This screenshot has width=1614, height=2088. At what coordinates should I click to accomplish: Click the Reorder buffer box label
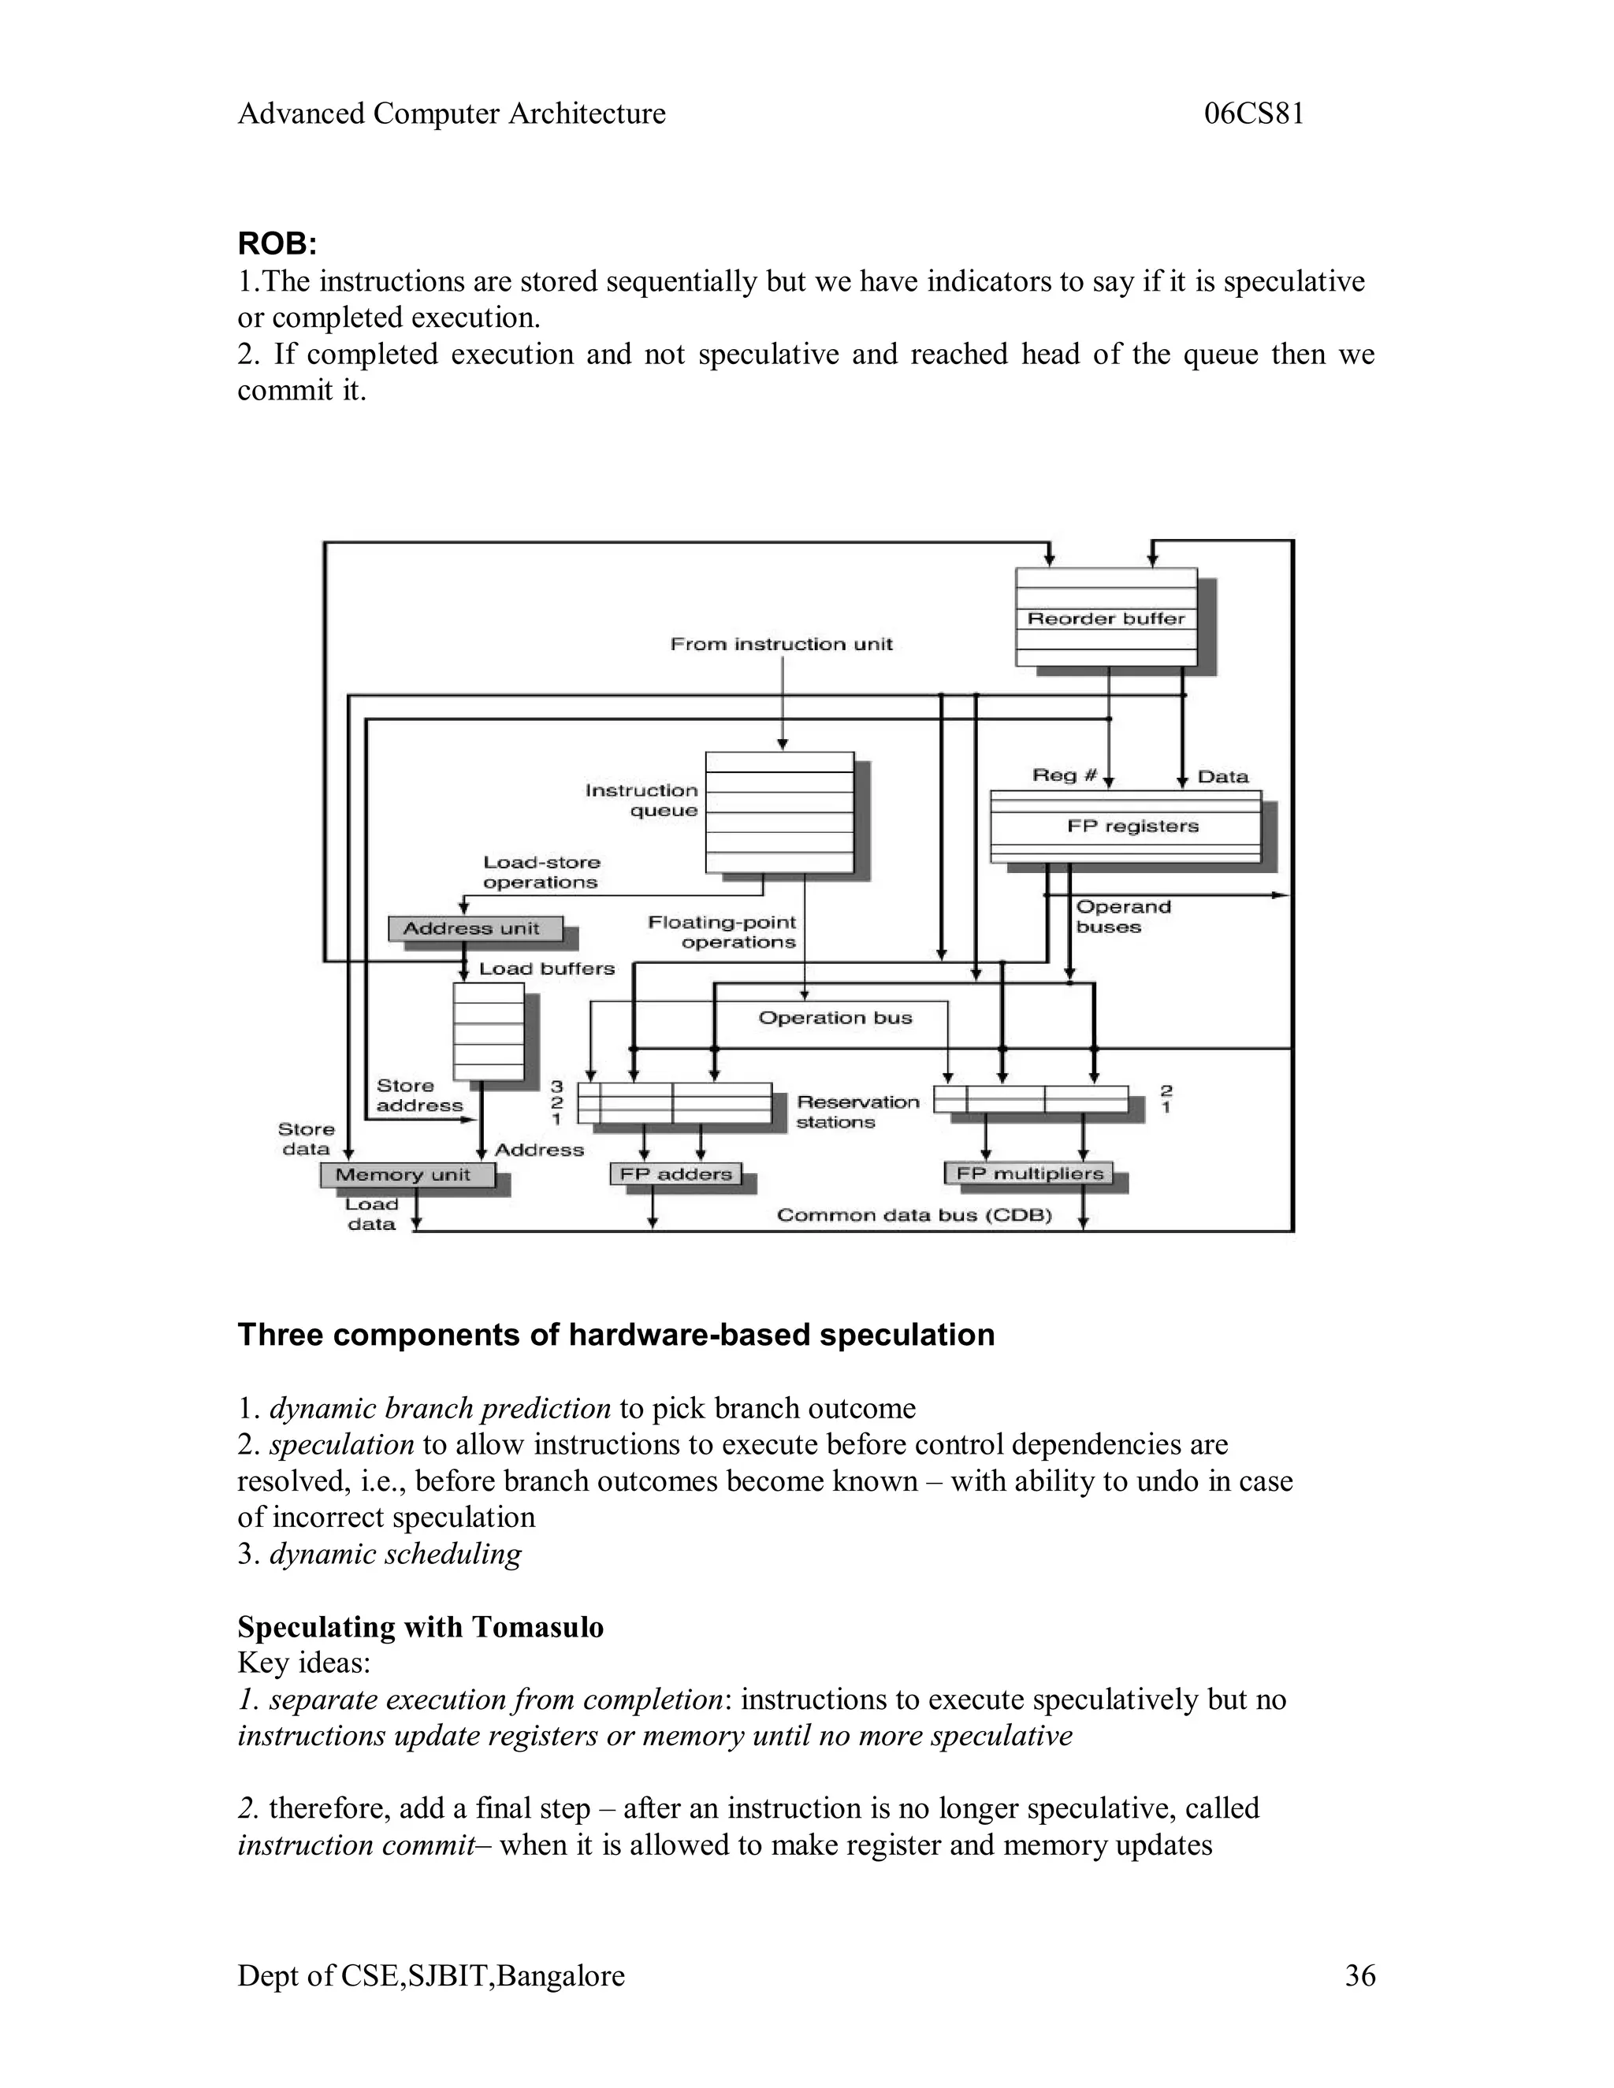[x=1106, y=619]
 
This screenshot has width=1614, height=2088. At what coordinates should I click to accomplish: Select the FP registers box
[x=1132, y=826]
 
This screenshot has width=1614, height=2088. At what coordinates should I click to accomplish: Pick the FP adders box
[x=675, y=1174]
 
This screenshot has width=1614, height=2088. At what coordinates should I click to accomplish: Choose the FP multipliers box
[x=1028, y=1173]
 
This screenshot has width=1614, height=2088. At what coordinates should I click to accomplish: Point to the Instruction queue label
[x=642, y=801]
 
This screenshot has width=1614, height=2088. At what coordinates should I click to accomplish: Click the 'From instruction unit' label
[x=780, y=645]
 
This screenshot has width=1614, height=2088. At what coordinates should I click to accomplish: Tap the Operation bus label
[x=835, y=1018]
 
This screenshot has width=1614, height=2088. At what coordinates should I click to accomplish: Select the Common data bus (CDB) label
[x=914, y=1215]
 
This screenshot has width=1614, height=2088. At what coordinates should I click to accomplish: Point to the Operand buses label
[x=1121, y=917]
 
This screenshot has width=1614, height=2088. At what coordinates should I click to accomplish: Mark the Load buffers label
[x=546, y=968]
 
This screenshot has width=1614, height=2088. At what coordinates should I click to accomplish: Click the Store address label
[x=418, y=1096]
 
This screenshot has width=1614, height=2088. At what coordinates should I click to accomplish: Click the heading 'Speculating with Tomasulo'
[x=420, y=1626]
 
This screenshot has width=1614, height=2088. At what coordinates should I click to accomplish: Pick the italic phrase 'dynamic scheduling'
[x=395, y=1554]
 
